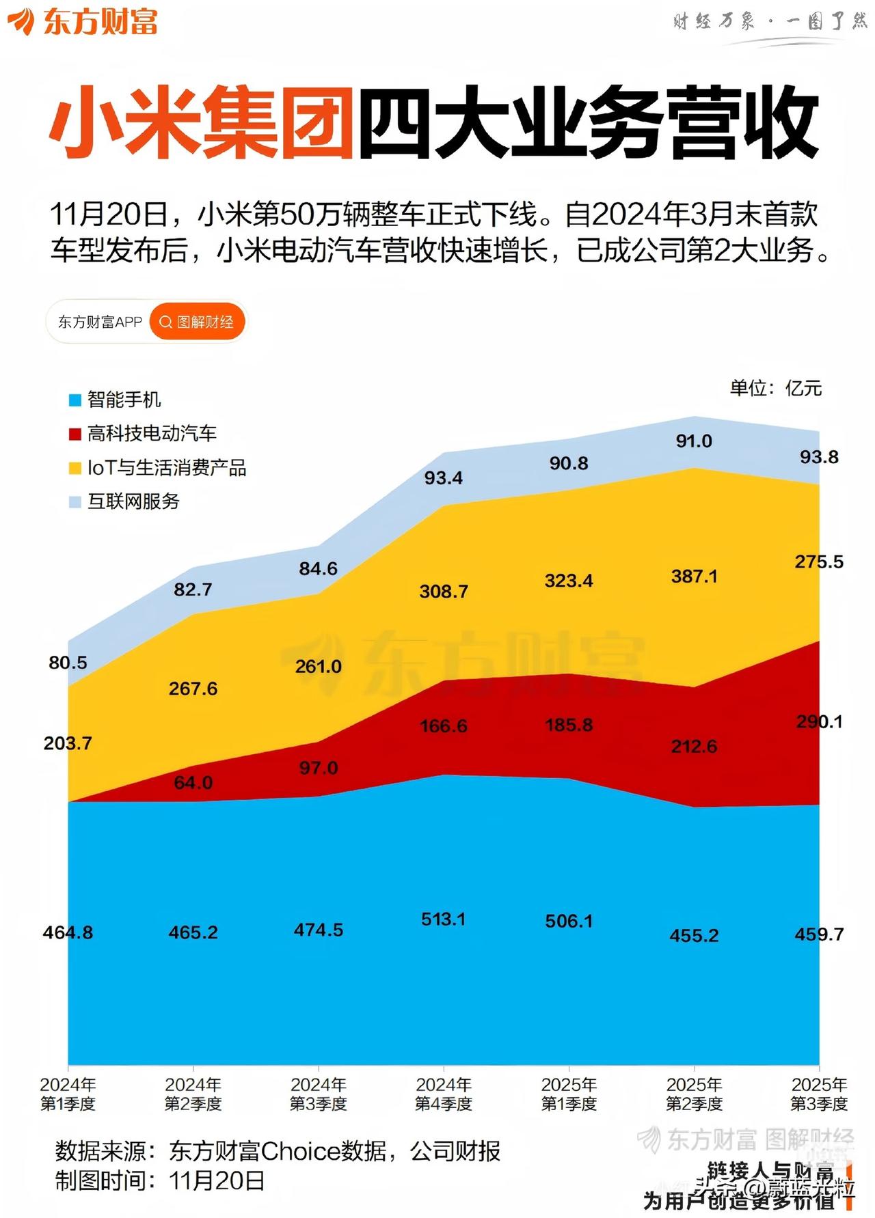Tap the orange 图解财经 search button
coord(197,322)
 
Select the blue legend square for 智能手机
coord(75,400)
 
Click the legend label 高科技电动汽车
coord(152,433)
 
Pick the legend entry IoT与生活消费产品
coord(166,468)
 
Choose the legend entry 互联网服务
coord(133,501)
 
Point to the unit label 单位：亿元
coord(775,388)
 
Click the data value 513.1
coord(443,919)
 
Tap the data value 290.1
coord(819,721)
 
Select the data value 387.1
coord(694,577)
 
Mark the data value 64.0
coord(193,783)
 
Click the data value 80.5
coord(68,663)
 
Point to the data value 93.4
coord(443,478)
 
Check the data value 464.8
coord(68,932)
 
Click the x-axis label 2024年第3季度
coord(318,1094)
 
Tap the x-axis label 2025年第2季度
coord(694,1094)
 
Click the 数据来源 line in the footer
coord(278,1152)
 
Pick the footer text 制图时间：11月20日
coord(160,1180)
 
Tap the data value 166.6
coord(443,725)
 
